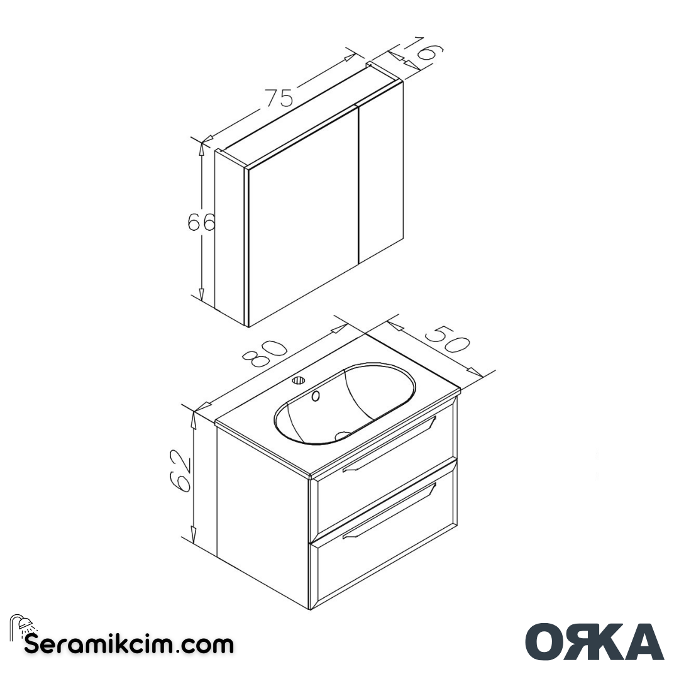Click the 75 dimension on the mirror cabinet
pos(279,98)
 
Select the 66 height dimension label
pos(201,223)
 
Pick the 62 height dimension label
pos(181,470)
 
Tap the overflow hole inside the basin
pos(316,395)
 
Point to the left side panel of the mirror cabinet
pos(229,236)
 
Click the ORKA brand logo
pos(594,642)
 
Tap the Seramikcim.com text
pos(129,644)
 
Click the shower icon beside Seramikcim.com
pos(23,626)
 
